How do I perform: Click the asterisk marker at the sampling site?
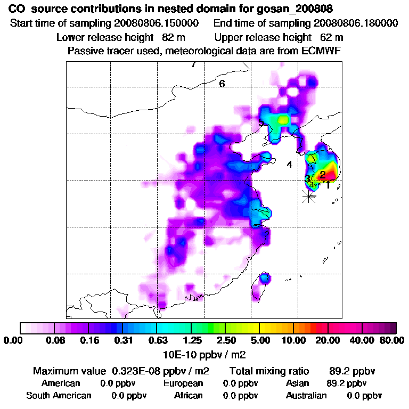(x=308, y=196)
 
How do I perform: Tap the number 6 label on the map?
(x=222, y=84)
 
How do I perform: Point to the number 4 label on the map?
(x=289, y=165)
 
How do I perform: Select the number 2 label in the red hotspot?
(x=323, y=174)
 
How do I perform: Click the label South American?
(x=59, y=396)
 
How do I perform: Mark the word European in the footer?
(x=183, y=383)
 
